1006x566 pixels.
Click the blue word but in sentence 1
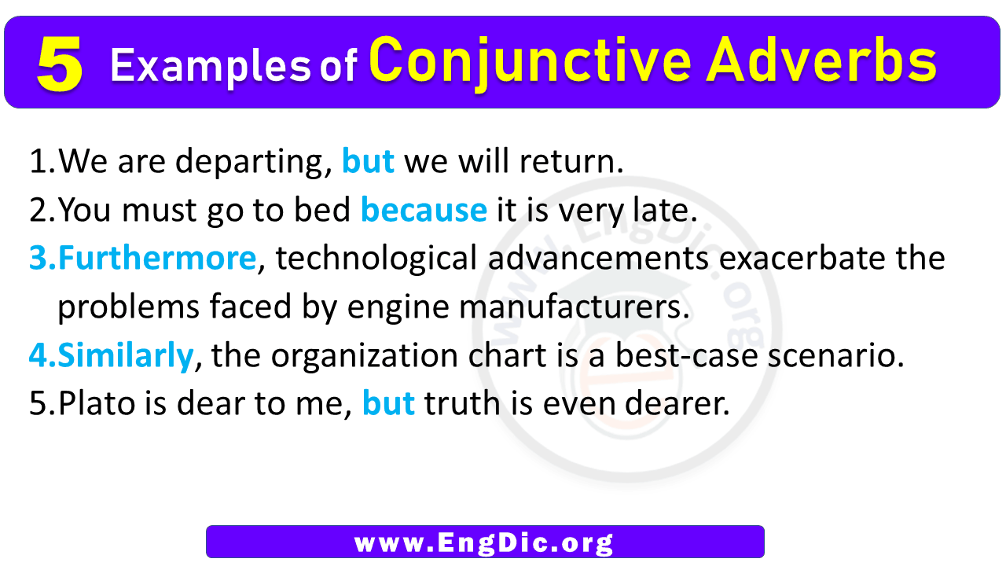click(369, 160)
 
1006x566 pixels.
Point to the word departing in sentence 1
click(254, 162)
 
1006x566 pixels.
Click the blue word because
click(424, 209)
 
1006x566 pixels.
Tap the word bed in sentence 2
click(322, 209)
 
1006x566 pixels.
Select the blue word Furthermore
click(156, 258)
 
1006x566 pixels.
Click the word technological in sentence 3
click(376, 259)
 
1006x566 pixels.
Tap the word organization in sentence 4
click(365, 356)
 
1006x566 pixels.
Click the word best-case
click(686, 355)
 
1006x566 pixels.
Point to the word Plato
click(96, 403)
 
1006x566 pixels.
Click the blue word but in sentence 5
click(388, 403)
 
